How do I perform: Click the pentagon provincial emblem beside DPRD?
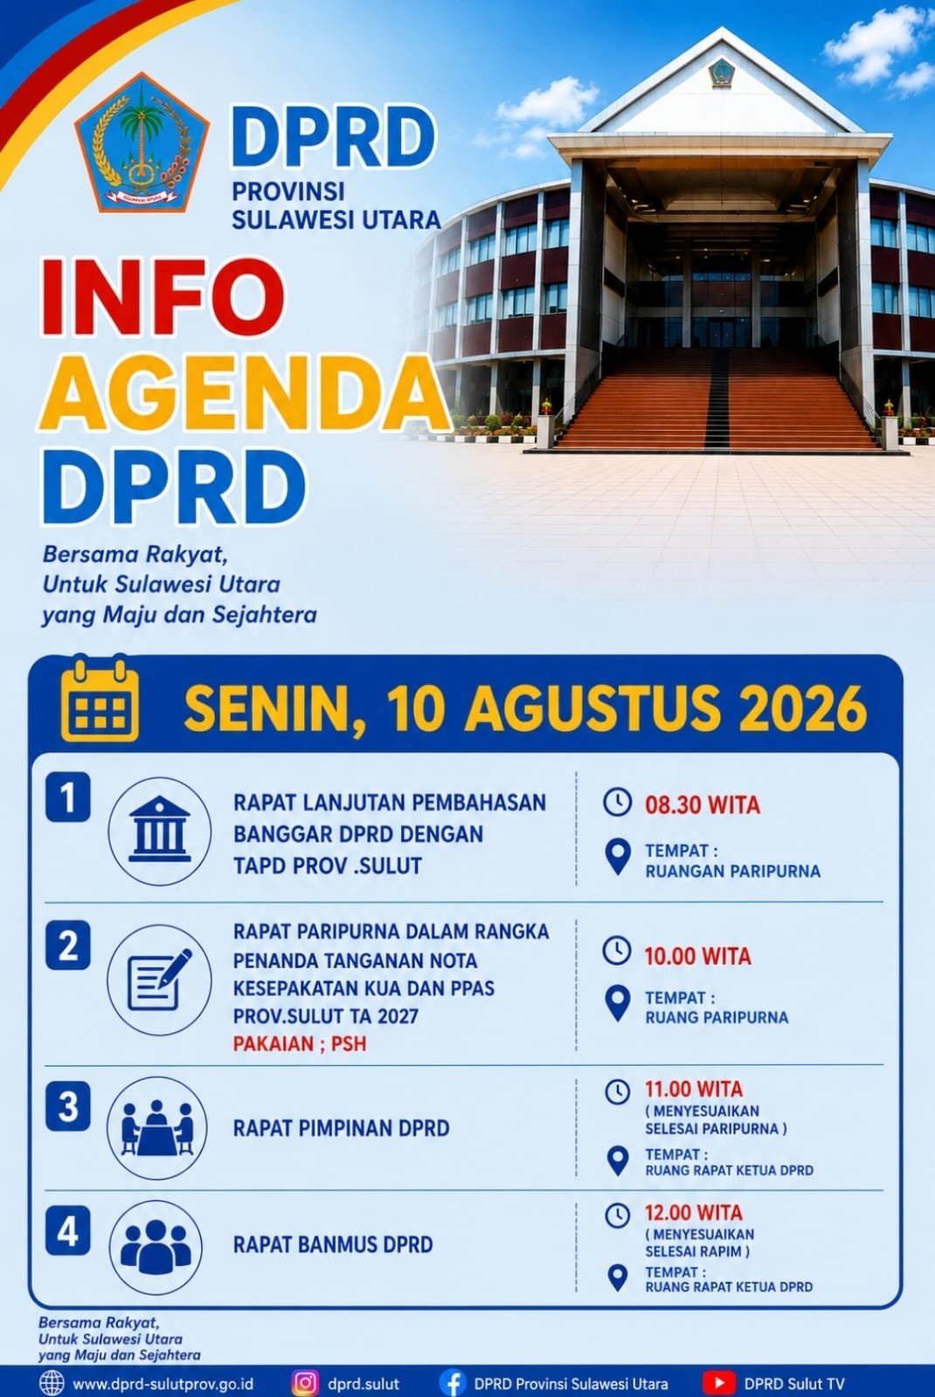[x=142, y=142]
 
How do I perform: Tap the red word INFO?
[x=163, y=298]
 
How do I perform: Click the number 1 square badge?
[x=68, y=797]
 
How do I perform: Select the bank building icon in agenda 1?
[x=160, y=831]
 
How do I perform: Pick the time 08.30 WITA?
[x=703, y=806]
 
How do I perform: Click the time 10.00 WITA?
[x=697, y=957]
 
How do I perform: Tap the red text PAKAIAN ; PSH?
[x=300, y=1044]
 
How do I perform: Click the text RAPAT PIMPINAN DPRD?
[x=341, y=1128]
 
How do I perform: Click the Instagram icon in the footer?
[x=305, y=1383]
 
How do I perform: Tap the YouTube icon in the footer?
[x=718, y=1383]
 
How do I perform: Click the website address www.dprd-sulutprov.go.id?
[x=163, y=1384]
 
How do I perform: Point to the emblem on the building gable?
[x=722, y=73]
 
